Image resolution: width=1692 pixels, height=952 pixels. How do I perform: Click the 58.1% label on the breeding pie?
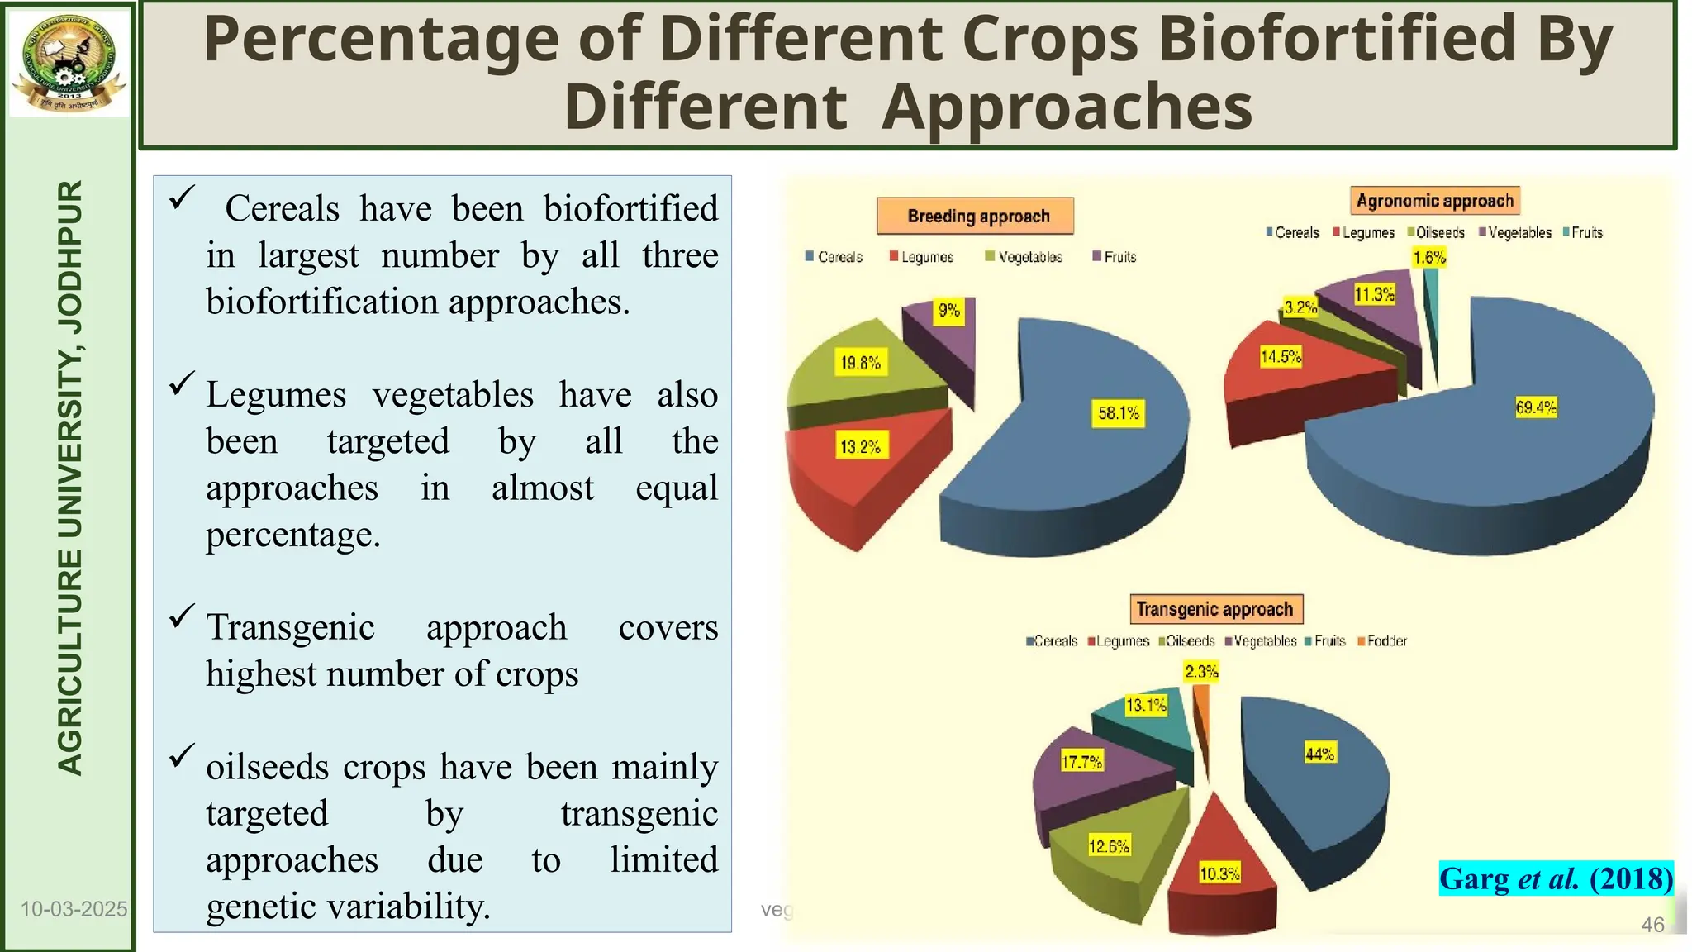1119,413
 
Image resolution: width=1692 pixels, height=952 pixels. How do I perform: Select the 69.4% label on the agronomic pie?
1536,407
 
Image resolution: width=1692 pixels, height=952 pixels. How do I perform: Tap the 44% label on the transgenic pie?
1319,754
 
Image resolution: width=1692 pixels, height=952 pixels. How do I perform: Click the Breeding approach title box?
976,217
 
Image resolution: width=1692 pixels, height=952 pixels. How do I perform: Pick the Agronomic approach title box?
1435,201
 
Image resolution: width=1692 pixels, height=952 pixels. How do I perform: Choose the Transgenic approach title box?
1215,610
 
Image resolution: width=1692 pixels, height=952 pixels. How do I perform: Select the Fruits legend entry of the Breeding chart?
1115,257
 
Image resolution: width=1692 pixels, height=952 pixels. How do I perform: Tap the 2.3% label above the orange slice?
1201,672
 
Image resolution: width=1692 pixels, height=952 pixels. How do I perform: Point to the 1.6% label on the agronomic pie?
1429,258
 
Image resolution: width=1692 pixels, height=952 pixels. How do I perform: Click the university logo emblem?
69,62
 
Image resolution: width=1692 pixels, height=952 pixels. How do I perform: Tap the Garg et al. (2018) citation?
1556,878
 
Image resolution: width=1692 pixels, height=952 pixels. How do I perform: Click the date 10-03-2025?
74,910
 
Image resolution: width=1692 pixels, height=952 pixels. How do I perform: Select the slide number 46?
1652,925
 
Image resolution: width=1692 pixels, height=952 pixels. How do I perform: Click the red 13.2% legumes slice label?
860,447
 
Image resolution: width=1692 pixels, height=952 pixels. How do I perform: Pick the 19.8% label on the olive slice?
860,362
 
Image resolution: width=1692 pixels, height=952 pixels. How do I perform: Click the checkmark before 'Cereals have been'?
181,198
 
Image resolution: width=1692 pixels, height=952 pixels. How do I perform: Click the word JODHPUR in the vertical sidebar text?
71,256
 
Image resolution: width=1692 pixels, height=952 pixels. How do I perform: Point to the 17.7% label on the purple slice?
1081,762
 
